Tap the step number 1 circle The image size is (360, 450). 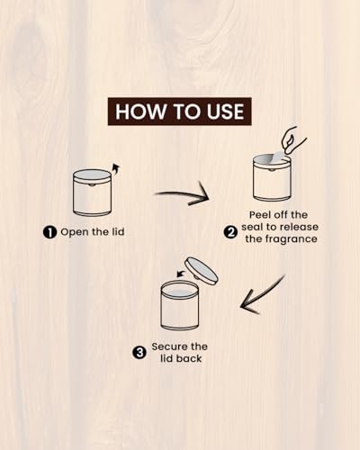[x=49, y=232]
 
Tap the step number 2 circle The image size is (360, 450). [x=230, y=232]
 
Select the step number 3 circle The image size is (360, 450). [x=139, y=353]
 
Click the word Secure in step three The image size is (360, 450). [x=166, y=346]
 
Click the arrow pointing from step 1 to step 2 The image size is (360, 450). [x=182, y=195]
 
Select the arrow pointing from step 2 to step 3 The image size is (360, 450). [x=262, y=296]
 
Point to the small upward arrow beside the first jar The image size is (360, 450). [x=115, y=170]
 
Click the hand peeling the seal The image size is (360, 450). [x=293, y=140]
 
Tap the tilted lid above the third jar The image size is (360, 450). [x=202, y=271]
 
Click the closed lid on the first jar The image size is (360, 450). [x=92, y=175]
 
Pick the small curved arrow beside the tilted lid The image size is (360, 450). [x=180, y=274]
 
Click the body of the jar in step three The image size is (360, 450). [x=180, y=312]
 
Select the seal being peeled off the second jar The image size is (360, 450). [x=277, y=158]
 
